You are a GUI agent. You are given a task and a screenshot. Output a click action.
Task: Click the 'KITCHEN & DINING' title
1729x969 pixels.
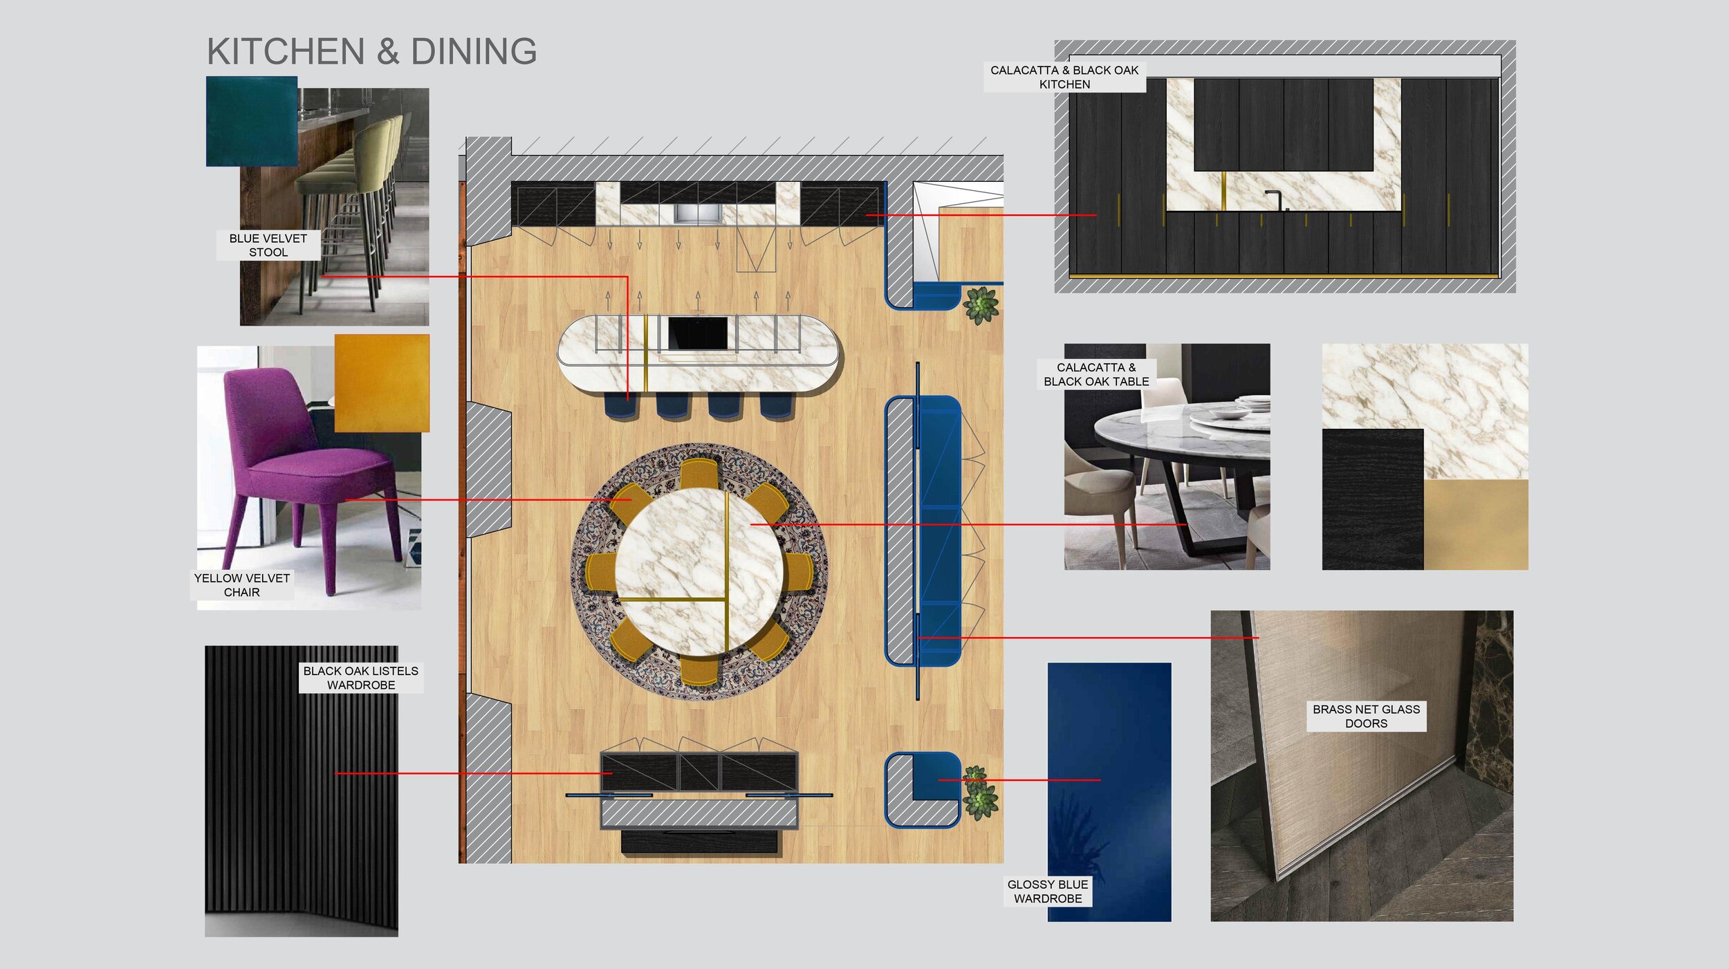(x=372, y=51)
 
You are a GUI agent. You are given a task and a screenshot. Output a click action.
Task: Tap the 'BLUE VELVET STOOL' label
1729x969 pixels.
(x=268, y=245)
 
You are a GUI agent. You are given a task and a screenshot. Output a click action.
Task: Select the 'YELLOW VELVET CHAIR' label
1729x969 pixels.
(x=242, y=585)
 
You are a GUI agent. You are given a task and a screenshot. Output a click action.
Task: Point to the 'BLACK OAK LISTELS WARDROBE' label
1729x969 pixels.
(x=361, y=678)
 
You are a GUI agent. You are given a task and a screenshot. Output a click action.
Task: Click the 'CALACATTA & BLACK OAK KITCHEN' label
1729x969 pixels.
(x=1064, y=77)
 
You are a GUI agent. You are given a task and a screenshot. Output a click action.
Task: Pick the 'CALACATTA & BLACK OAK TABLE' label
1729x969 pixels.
(x=1096, y=374)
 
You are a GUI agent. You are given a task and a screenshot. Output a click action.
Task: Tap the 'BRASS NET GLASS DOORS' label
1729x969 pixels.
(x=1366, y=716)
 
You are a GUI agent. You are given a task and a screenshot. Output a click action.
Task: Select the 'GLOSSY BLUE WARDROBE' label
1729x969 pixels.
(x=1048, y=891)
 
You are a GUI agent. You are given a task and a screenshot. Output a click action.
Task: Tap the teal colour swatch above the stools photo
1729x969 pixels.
(x=252, y=121)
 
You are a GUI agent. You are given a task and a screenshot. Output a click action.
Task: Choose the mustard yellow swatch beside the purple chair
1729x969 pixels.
(x=382, y=383)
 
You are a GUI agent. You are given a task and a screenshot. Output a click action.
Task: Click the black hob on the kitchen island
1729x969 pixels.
(x=697, y=333)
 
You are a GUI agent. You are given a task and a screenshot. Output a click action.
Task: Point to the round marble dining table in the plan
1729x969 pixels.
(x=699, y=571)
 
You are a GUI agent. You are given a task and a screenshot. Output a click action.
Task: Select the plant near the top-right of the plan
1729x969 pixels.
(x=981, y=306)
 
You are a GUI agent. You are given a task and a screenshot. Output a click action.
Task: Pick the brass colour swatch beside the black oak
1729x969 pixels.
(x=1476, y=524)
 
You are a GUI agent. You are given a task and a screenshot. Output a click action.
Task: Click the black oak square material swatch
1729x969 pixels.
(x=1373, y=499)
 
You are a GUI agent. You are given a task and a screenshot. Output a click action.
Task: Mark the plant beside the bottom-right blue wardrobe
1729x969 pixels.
(x=980, y=793)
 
